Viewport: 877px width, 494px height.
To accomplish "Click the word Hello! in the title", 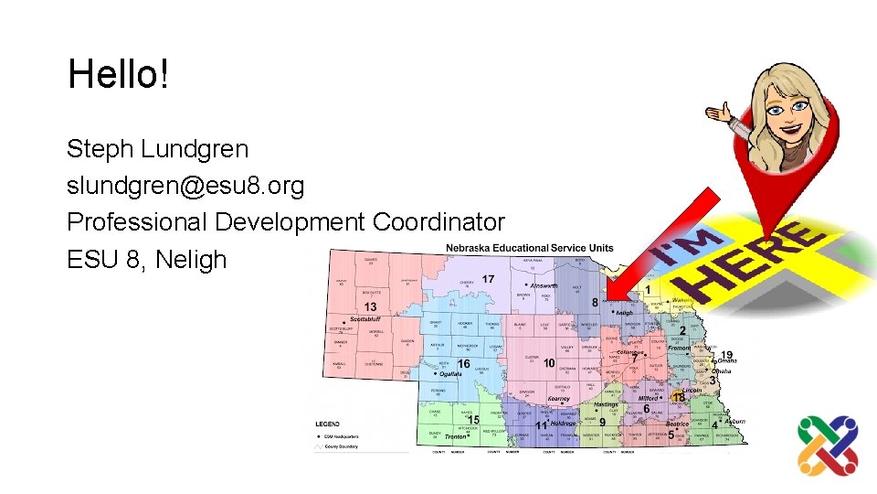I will [118, 74].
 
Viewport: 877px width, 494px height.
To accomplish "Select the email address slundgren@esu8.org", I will [185, 186].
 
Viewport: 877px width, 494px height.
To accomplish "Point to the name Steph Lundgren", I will [157, 148].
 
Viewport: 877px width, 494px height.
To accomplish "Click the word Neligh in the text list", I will [191, 260].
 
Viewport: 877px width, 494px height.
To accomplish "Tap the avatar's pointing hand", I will [722, 114].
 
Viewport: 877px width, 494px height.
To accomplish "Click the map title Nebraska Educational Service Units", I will [529, 249].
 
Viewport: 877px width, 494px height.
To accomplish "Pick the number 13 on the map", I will [370, 306].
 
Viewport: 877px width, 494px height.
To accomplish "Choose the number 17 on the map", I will [489, 279].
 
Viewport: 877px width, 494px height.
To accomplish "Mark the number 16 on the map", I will [463, 364].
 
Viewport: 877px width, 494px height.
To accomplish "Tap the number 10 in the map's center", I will [548, 363].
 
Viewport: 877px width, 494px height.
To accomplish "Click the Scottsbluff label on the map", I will [366, 319].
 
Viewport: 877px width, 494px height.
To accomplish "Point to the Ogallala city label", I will [450, 374].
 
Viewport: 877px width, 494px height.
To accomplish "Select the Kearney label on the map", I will [558, 399].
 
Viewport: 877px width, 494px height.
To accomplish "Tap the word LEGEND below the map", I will [329, 424].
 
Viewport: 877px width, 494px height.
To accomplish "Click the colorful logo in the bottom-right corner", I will [828, 446].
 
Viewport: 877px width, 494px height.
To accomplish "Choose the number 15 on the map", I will [473, 420].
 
